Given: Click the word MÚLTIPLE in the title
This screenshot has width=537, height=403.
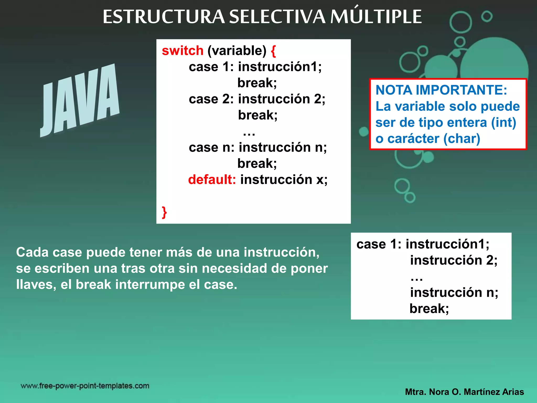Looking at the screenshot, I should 376,17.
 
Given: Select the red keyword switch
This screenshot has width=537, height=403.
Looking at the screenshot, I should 182,50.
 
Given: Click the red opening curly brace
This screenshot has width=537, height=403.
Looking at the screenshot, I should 273,51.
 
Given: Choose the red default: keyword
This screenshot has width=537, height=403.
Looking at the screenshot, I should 212,179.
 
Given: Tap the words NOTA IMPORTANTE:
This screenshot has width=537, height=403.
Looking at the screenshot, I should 441,90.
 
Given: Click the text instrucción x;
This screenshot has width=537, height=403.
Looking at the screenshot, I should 284,179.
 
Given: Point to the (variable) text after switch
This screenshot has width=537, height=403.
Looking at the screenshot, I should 237,50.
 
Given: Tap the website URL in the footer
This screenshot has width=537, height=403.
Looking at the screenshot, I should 85,386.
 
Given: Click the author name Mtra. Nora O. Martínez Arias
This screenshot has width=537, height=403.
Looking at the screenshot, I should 464,392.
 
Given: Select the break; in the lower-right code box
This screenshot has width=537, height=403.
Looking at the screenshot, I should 429,309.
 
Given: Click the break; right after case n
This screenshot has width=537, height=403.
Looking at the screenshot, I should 257,163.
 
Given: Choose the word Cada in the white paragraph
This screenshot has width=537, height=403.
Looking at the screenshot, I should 32,252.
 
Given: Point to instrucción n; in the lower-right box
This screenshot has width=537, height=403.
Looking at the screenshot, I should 454,292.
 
